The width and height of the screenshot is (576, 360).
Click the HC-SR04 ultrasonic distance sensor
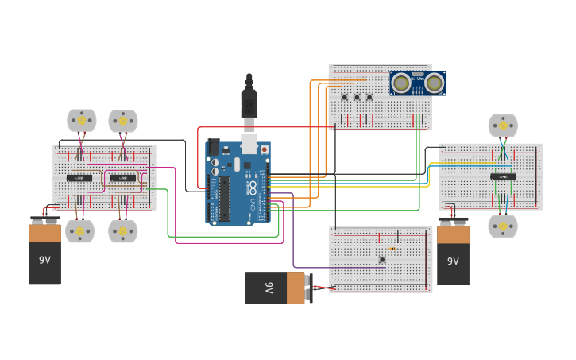418,83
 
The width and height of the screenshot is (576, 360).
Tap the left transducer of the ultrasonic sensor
402,83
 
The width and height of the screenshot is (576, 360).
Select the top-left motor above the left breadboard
81,121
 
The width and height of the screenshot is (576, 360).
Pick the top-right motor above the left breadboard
123,121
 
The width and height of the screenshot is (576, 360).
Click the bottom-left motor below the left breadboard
80,231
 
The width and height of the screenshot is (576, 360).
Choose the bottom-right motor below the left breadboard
123,231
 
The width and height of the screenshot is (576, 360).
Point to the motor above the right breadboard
502,126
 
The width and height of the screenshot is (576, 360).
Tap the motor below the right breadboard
502,226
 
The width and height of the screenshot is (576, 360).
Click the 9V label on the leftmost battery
44,260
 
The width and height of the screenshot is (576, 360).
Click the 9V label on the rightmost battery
453,261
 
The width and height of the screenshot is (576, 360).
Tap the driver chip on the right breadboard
503,176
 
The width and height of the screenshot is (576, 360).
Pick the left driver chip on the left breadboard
79,178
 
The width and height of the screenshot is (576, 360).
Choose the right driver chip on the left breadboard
122,178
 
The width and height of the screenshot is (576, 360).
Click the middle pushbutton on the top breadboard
357,98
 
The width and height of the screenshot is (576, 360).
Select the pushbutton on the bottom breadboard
382,259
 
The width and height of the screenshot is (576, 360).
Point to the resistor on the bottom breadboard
392,249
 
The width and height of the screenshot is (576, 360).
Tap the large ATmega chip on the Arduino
225,199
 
